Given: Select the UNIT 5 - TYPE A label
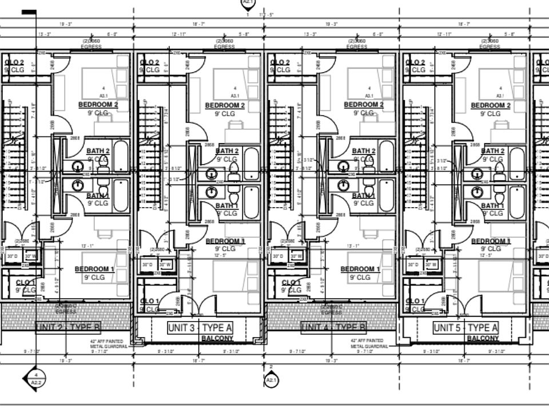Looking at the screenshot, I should (x=465, y=328).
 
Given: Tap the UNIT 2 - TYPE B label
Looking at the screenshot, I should (x=68, y=327).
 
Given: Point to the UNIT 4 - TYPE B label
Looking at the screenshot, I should (x=333, y=327).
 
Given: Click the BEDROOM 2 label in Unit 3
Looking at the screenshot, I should (x=225, y=106).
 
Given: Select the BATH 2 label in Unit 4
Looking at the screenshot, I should (x=364, y=151).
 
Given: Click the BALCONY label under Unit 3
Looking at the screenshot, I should (x=217, y=339).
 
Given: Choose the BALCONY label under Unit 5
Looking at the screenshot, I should (x=483, y=339).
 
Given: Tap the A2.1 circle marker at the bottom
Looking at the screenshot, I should (x=271, y=379).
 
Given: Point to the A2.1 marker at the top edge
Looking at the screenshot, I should (x=248, y=3).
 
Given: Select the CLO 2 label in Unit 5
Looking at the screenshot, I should (x=415, y=62).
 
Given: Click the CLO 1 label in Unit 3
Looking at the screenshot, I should (x=149, y=302).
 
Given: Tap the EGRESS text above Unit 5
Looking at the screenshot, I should (x=490, y=47).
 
